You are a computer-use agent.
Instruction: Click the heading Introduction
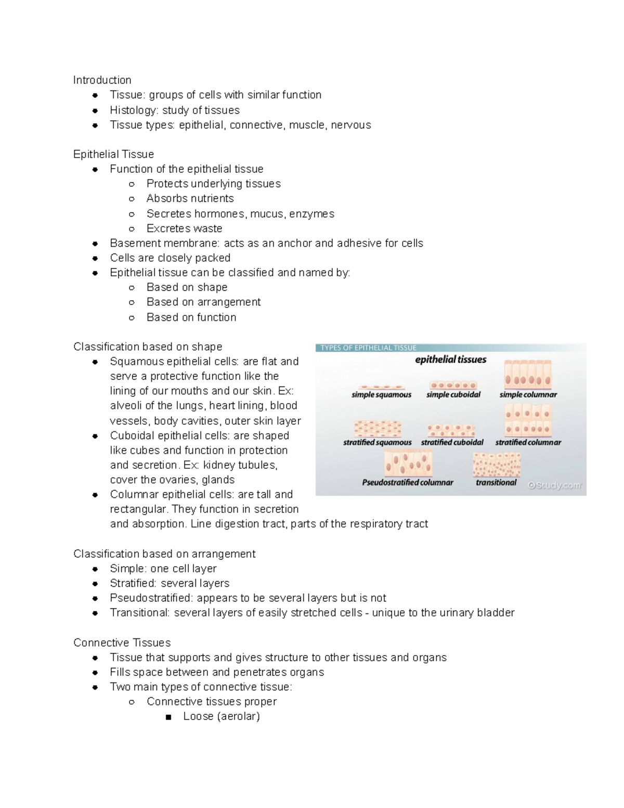pyautogui.click(x=102, y=80)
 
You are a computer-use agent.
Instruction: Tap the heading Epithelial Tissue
pyautogui.click(x=113, y=155)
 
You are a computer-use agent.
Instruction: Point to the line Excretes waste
pyautogui.click(x=184, y=228)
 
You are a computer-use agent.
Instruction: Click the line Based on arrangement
pyautogui.click(x=203, y=302)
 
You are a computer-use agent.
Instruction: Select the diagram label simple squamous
pyautogui.click(x=381, y=395)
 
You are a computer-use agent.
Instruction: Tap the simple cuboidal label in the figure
pyautogui.click(x=453, y=395)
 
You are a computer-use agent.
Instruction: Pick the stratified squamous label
pyautogui.click(x=377, y=443)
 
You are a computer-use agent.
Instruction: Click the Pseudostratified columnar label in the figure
pyautogui.click(x=408, y=483)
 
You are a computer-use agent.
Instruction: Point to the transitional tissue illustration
pyautogui.click(x=497, y=465)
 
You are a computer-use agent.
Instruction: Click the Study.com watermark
pyautogui.click(x=554, y=485)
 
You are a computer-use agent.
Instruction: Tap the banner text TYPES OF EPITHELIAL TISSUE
pyautogui.click(x=368, y=348)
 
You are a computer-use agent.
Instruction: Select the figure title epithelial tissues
pyautogui.click(x=450, y=360)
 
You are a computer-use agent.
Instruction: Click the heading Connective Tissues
pyautogui.click(x=122, y=643)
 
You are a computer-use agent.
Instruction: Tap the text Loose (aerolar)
pyautogui.click(x=222, y=716)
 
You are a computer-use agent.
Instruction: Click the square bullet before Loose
pyautogui.click(x=168, y=717)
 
